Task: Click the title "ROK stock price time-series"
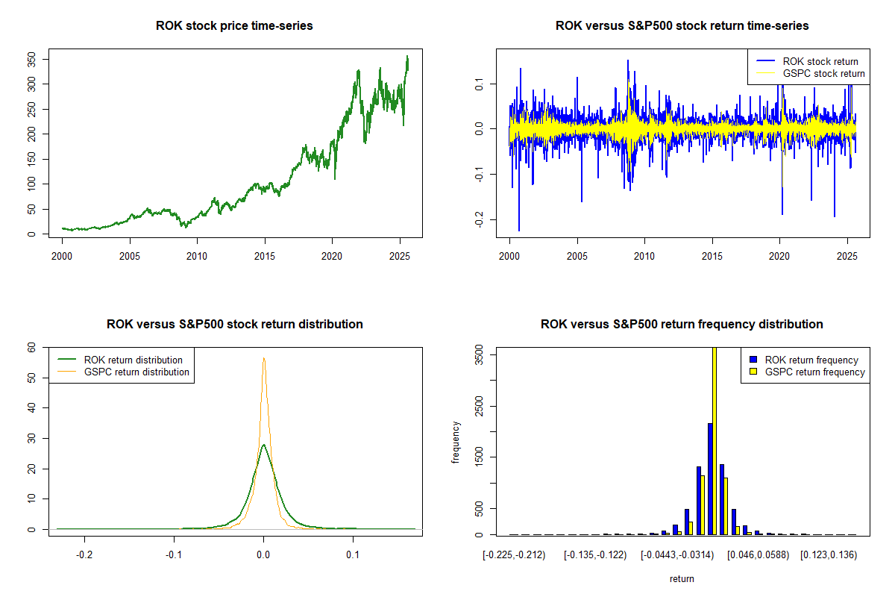tap(234, 26)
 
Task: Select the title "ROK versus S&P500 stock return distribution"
tap(234, 325)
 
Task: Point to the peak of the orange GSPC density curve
tap(263, 358)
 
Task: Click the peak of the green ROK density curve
tap(263, 446)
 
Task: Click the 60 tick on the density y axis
tap(31, 347)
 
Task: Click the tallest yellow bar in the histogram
tap(715, 440)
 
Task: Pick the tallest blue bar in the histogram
tap(710, 478)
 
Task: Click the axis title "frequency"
tap(456, 443)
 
